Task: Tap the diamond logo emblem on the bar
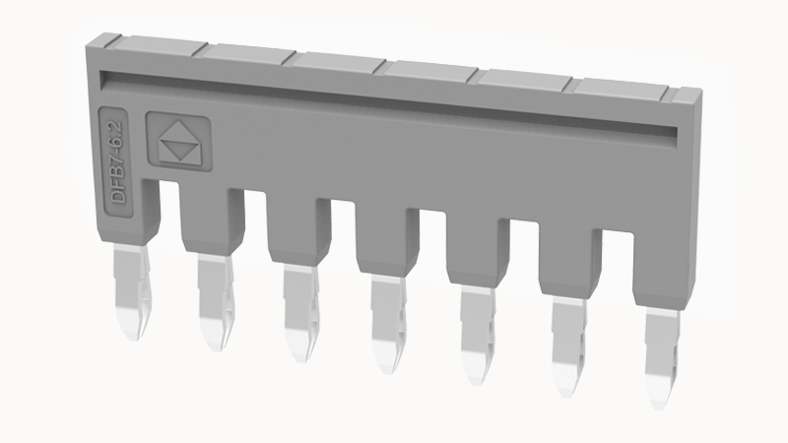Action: click(179, 142)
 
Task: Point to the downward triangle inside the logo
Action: click(179, 149)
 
